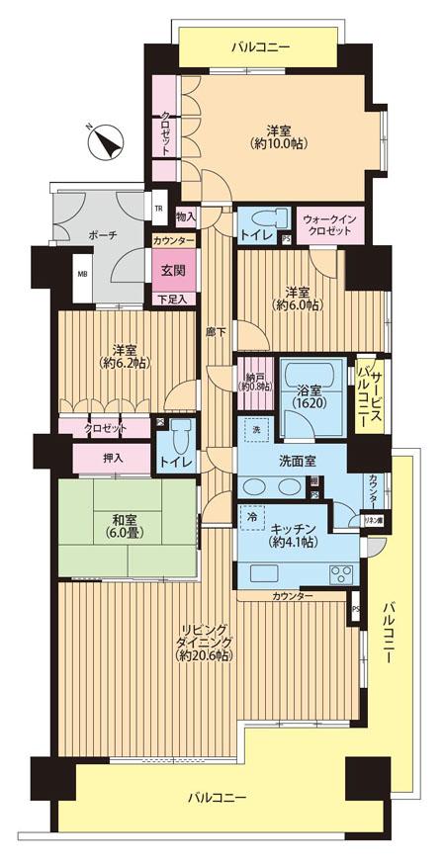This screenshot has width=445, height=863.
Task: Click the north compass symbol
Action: [105, 145]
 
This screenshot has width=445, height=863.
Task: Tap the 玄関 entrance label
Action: [168, 268]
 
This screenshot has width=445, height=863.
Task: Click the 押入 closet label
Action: [112, 459]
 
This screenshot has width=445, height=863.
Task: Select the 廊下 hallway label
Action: [213, 333]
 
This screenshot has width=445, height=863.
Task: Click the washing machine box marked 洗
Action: [254, 431]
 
